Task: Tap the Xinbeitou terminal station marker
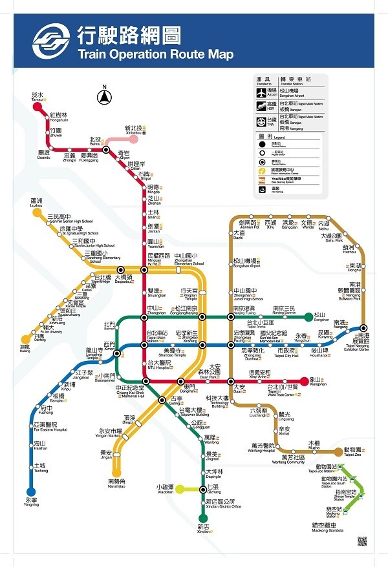click(x=141, y=138)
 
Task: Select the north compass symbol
click(x=103, y=98)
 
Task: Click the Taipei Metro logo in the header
click(x=52, y=42)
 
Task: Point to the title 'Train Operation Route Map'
click(x=155, y=55)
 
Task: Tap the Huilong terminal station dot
click(x=26, y=339)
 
